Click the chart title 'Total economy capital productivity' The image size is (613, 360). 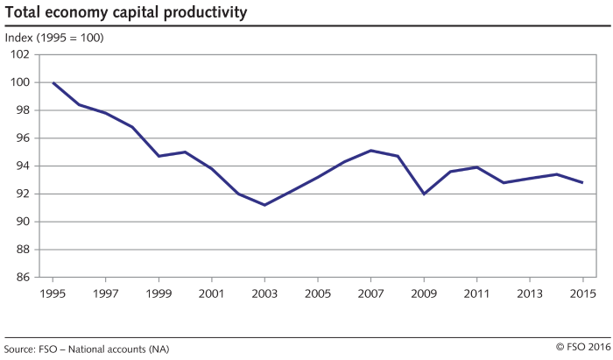click(125, 13)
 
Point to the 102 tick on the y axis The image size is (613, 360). click(20, 54)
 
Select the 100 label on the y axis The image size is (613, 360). click(20, 82)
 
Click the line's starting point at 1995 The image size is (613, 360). click(53, 82)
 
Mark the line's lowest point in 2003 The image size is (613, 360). click(265, 205)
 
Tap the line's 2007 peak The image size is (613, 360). click(371, 151)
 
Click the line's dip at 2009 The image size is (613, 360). click(425, 194)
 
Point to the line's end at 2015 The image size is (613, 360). click(583, 182)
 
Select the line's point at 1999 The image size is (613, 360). click(159, 156)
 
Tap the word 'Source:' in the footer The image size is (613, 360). click(19, 349)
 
